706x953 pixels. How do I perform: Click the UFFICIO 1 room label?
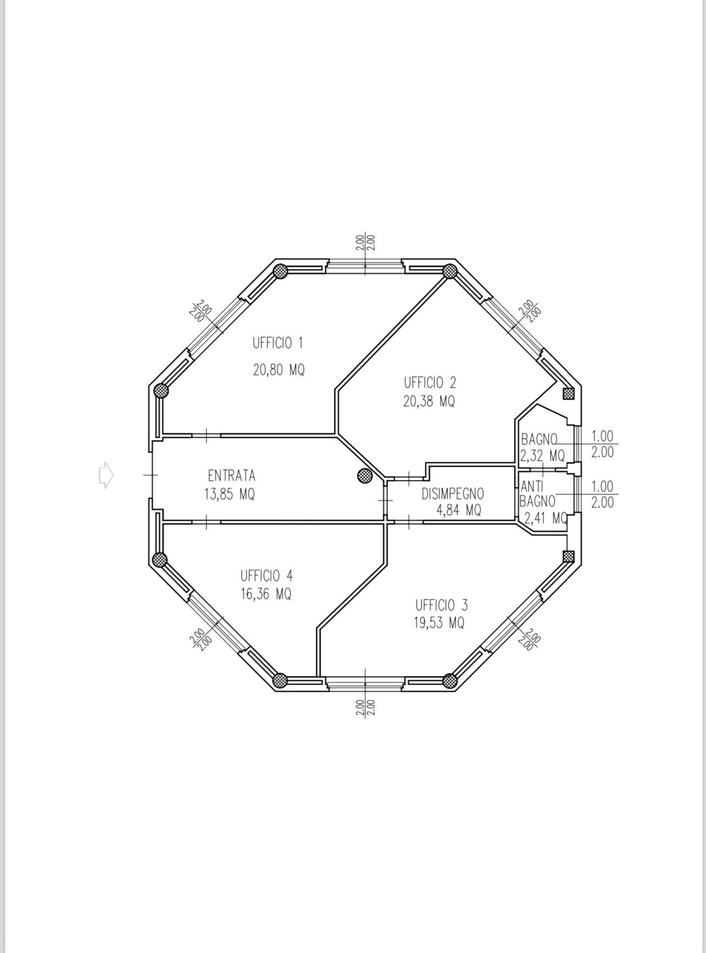278,343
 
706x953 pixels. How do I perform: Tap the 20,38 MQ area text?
429,401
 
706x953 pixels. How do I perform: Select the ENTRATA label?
232,475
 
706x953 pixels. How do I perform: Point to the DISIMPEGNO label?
453,494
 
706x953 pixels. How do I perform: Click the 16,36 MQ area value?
266,594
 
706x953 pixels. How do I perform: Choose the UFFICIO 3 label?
441,606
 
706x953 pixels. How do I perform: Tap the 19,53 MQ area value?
439,623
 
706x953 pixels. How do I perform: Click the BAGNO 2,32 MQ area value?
542,456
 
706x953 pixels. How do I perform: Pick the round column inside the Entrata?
365,476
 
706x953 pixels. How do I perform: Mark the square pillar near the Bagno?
568,394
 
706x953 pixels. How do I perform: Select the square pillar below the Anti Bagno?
568,557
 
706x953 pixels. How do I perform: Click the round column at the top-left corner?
281,271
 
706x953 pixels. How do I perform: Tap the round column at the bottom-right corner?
450,681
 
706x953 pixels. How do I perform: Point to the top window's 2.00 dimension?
365,243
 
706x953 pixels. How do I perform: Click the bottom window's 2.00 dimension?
365,708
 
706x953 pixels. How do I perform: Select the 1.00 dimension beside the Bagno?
602,436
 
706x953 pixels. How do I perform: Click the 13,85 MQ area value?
229,494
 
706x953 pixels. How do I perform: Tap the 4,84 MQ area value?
459,511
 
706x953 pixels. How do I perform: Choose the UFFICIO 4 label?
266,576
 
